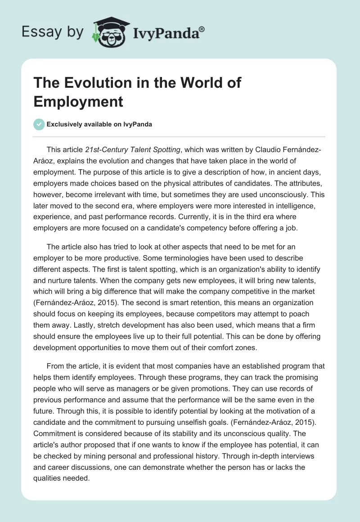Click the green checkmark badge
39,124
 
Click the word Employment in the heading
78,102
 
